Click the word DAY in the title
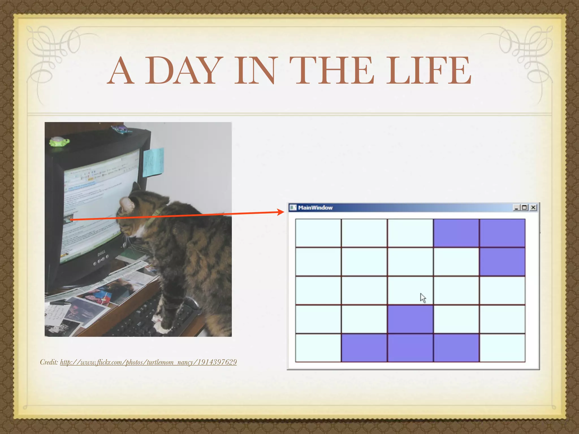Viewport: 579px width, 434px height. tap(182, 70)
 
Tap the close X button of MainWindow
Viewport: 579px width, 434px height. tap(533, 208)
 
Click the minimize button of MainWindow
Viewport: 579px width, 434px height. tap(517, 208)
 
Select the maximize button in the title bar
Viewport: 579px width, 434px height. tap(525, 208)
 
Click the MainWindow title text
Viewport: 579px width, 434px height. tap(315, 208)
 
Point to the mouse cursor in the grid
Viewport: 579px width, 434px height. tap(423, 298)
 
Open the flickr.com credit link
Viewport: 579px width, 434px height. tap(148, 362)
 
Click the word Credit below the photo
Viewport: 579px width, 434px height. tap(49, 362)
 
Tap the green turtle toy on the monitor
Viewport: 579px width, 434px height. tap(59, 141)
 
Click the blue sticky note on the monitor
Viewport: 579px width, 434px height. tap(153, 162)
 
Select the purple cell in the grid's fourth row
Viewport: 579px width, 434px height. tap(410, 319)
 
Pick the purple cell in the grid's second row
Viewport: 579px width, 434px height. tap(502, 262)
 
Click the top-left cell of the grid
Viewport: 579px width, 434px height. tap(318, 233)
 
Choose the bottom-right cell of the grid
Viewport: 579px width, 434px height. tap(502, 348)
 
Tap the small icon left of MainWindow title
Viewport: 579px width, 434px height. tap(293, 208)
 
